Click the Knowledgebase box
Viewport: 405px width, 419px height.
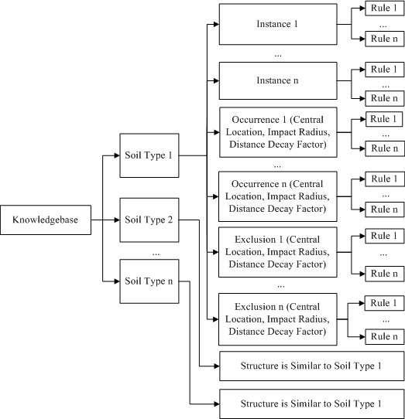coord(45,221)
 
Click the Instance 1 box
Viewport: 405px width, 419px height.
coord(277,25)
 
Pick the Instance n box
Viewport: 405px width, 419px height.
coord(277,80)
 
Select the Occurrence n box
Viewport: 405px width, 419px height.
coord(277,196)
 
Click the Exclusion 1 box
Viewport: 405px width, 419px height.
coord(277,252)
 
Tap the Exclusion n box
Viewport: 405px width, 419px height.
coord(277,319)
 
